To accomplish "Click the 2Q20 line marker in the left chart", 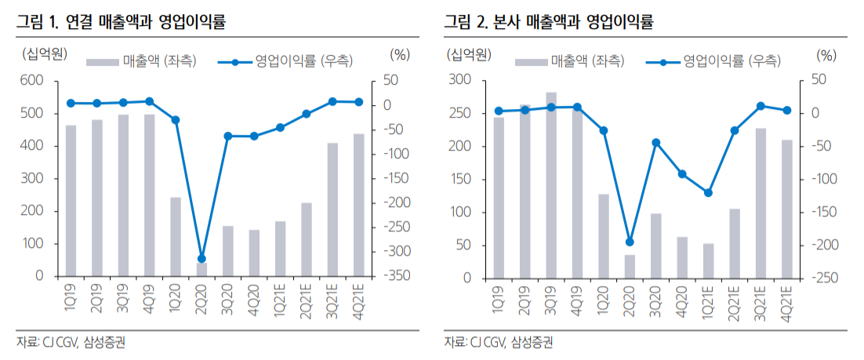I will tap(201, 259).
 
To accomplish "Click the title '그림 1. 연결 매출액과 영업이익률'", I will tap(122, 21).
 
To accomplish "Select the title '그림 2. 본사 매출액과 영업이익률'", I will tap(548, 21).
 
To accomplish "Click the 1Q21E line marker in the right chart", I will tap(709, 192).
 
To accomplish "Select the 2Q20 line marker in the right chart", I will tap(630, 242).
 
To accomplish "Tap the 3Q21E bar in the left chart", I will tap(332, 209).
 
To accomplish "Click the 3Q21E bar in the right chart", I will tap(761, 203).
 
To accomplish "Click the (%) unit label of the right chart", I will tap(826, 55).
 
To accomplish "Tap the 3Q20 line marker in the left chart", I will tap(227, 136).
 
